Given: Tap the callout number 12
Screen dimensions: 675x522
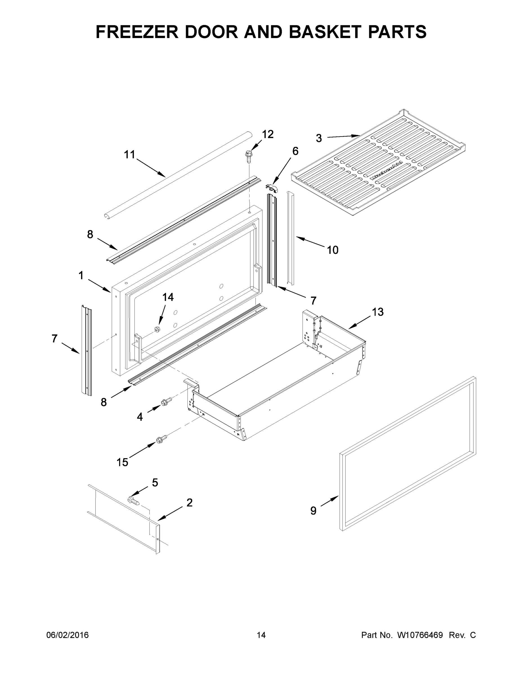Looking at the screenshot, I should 268,134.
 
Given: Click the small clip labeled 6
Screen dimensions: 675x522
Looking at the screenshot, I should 272,187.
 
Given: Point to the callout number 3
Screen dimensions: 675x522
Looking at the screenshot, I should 319,138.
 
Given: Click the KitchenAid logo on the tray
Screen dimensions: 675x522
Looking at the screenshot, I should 387,171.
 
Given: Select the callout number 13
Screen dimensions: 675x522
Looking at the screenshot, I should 378,312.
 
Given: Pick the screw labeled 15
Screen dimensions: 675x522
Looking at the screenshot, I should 162,438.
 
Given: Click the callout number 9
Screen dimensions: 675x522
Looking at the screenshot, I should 313,511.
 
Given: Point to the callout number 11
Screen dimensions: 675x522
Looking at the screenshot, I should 129,154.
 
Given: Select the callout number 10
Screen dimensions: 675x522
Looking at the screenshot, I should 333,250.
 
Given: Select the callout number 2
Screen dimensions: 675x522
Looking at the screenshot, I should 190,503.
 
